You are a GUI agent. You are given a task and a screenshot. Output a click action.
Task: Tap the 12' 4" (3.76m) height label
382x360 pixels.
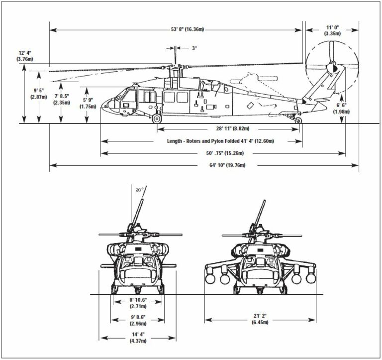point(25,56)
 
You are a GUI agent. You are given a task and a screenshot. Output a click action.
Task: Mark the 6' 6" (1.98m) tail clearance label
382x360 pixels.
point(343,109)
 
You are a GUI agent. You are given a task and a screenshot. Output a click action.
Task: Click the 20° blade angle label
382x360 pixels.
point(139,190)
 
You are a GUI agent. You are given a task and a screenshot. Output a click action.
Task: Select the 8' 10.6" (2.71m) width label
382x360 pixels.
point(137,303)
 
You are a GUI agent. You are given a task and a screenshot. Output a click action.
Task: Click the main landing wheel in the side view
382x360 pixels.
point(157,119)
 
